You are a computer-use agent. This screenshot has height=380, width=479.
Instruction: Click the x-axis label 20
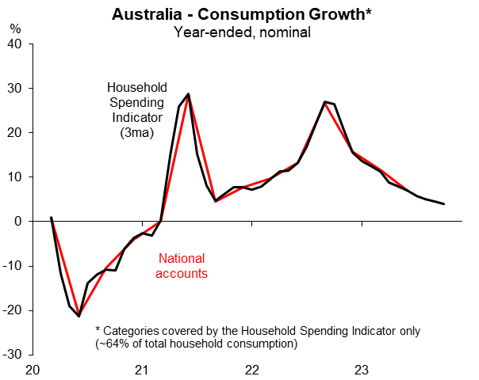point(33,370)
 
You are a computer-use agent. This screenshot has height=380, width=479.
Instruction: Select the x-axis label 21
point(142,370)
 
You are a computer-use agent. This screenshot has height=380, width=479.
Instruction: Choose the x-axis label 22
point(252,370)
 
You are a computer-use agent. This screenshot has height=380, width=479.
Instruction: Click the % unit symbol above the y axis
point(15,28)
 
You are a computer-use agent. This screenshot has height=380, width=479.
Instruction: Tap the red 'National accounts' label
point(183,266)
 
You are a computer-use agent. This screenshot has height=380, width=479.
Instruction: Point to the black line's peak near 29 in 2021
point(188,94)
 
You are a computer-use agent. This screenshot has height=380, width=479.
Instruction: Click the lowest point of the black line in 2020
point(79,317)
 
